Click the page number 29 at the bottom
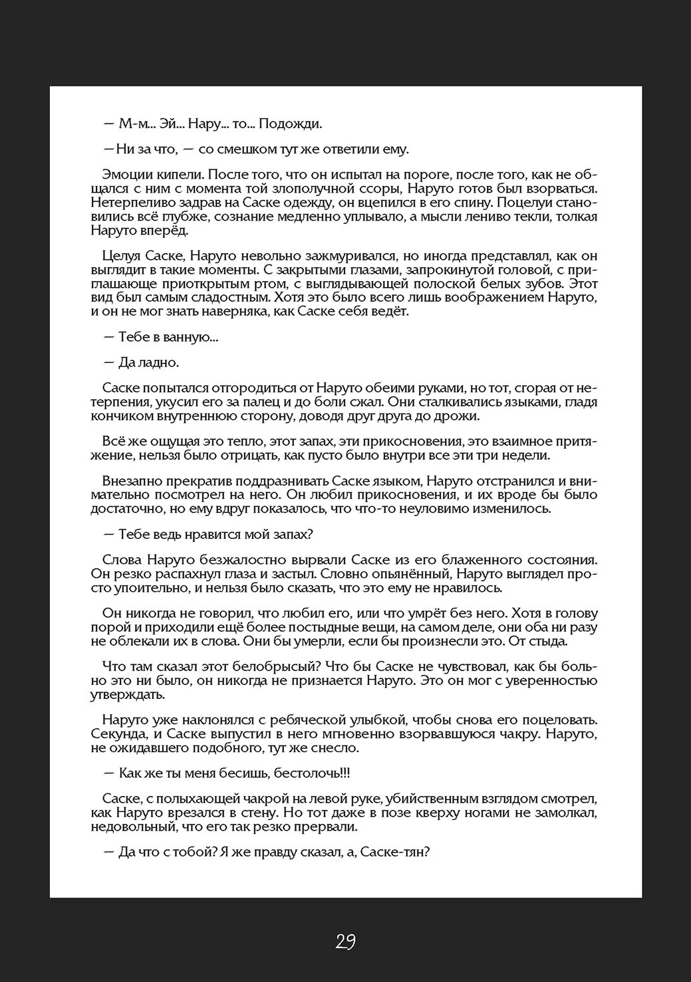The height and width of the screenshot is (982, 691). (x=345, y=941)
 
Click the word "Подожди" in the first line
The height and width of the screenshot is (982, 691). (x=290, y=124)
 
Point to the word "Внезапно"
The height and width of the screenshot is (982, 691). (x=128, y=481)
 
